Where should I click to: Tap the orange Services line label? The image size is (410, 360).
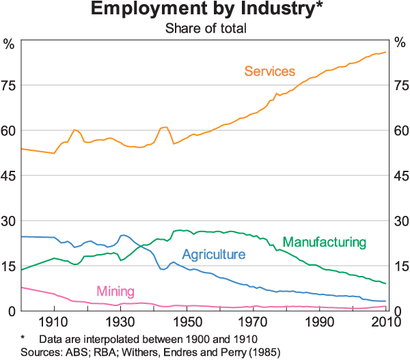pyautogui.click(x=270, y=71)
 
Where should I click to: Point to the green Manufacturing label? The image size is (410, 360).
pyautogui.click(x=324, y=242)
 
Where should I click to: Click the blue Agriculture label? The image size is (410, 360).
pyautogui.click(x=213, y=255)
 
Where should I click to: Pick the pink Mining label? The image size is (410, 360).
pyautogui.click(x=115, y=290)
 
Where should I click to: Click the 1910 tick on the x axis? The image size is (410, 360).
pyautogui.click(x=55, y=322)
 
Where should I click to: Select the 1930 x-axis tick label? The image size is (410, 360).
pyautogui.click(x=121, y=322)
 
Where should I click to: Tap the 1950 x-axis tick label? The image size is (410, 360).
pyautogui.click(x=187, y=322)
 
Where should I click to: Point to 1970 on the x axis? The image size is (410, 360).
pyautogui.click(x=254, y=322)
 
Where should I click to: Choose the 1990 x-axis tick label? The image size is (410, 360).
pyautogui.click(x=320, y=322)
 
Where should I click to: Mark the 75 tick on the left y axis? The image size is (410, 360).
pyautogui.click(x=8, y=85)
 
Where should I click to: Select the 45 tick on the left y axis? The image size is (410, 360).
pyautogui.click(x=8, y=176)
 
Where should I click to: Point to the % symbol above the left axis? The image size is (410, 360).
pyautogui.click(x=8, y=44)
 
